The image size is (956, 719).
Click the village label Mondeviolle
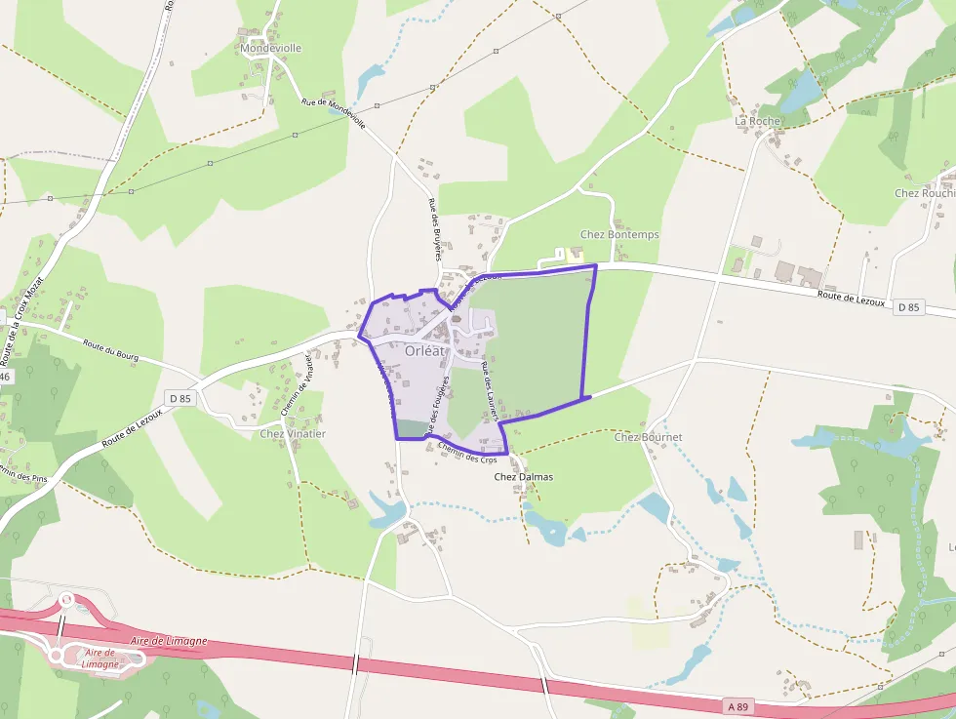pyautogui.click(x=270, y=47)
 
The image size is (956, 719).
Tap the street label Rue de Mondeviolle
pyautogui.click(x=334, y=113)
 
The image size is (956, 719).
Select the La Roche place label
pyautogui.click(x=757, y=121)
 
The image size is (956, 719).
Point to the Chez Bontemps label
pyautogui.click(x=619, y=235)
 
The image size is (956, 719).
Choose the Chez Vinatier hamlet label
pyautogui.click(x=293, y=433)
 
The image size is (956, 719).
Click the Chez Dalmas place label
pyautogui.click(x=524, y=477)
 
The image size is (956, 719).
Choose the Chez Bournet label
pyautogui.click(x=648, y=437)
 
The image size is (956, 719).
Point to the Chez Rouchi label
pyautogui.click(x=923, y=193)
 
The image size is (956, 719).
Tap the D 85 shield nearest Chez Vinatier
pyautogui.click(x=179, y=398)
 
